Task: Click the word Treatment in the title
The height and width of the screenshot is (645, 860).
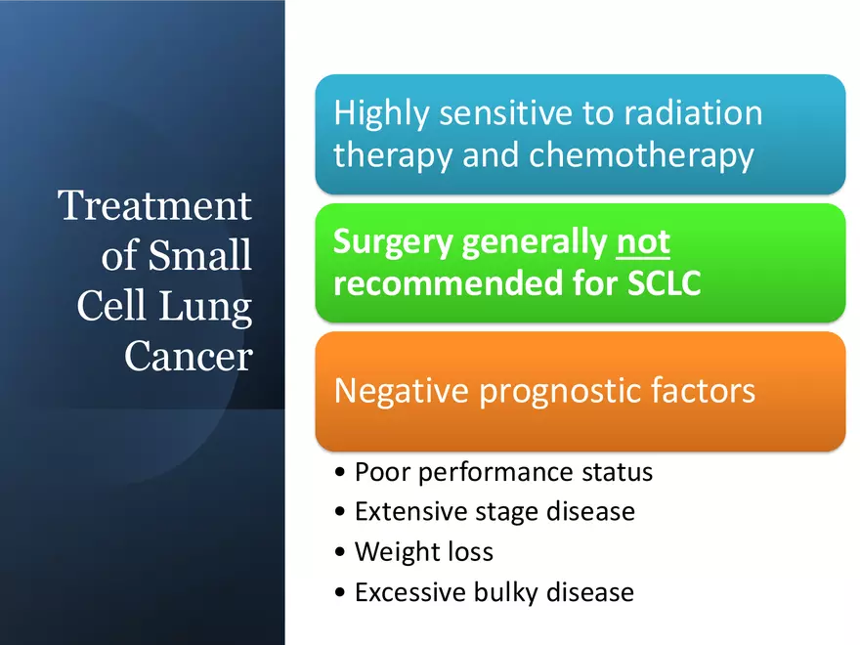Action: coord(154,206)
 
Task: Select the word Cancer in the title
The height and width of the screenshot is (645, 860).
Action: coord(188,357)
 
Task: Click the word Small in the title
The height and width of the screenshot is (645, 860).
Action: coord(199,256)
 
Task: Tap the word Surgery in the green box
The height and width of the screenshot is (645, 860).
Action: coord(394,242)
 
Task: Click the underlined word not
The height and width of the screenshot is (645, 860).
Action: coord(642,242)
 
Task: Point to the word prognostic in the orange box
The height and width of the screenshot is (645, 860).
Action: coord(558,391)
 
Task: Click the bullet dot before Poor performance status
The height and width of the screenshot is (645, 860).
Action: coord(339,474)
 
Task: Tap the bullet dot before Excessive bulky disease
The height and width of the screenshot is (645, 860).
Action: coord(339,593)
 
